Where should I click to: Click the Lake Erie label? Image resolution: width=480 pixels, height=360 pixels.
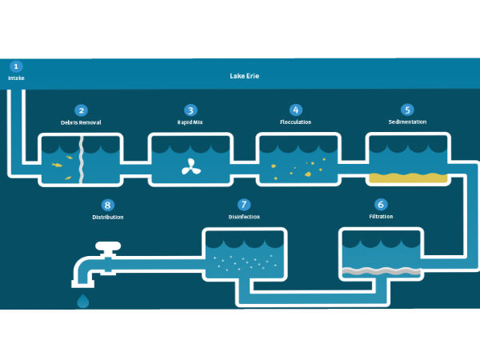click(x=246, y=76)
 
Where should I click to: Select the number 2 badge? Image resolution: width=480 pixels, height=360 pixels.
click(x=81, y=110)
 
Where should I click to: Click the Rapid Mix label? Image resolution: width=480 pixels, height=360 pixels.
click(x=190, y=122)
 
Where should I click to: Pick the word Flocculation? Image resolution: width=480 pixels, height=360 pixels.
click(x=295, y=122)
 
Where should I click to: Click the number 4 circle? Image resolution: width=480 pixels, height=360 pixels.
click(x=295, y=110)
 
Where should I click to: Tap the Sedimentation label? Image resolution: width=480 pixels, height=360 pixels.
click(x=407, y=122)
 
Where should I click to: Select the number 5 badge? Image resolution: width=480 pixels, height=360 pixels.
click(x=407, y=110)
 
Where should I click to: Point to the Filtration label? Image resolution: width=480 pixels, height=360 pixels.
click(x=381, y=217)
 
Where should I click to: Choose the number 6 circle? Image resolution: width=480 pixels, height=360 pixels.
click(x=381, y=205)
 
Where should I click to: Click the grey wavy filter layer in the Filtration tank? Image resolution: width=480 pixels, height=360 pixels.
click(x=380, y=271)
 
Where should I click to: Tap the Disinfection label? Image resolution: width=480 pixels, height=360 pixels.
click(x=244, y=217)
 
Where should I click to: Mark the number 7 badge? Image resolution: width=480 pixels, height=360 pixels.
click(x=244, y=205)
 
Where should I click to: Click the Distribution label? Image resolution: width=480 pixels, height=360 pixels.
click(x=108, y=217)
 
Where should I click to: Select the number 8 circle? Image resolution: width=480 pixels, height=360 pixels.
click(x=108, y=205)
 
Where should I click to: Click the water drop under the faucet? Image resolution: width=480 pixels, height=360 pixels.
click(x=83, y=301)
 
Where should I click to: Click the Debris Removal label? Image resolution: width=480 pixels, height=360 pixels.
click(x=81, y=122)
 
